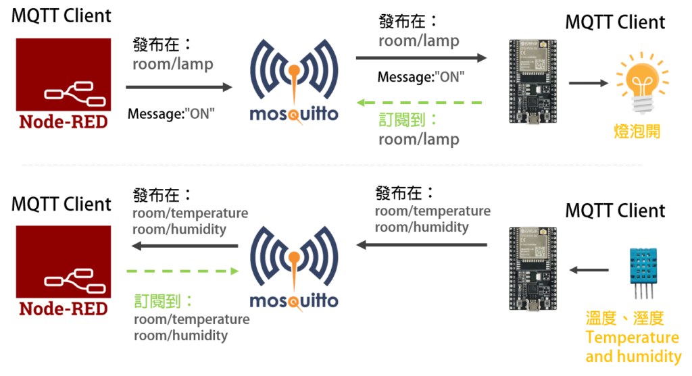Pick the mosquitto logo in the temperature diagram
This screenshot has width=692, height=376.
point(294,267)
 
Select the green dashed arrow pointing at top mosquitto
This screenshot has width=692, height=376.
point(419,103)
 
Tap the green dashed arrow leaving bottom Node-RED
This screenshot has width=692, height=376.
point(182,271)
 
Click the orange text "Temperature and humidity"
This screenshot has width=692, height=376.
point(633,347)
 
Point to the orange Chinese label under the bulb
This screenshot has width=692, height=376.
point(637,131)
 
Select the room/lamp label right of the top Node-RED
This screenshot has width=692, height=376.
point(173,65)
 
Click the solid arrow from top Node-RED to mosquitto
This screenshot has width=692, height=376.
point(179,87)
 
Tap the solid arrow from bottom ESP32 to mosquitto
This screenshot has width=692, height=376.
point(422,246)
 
